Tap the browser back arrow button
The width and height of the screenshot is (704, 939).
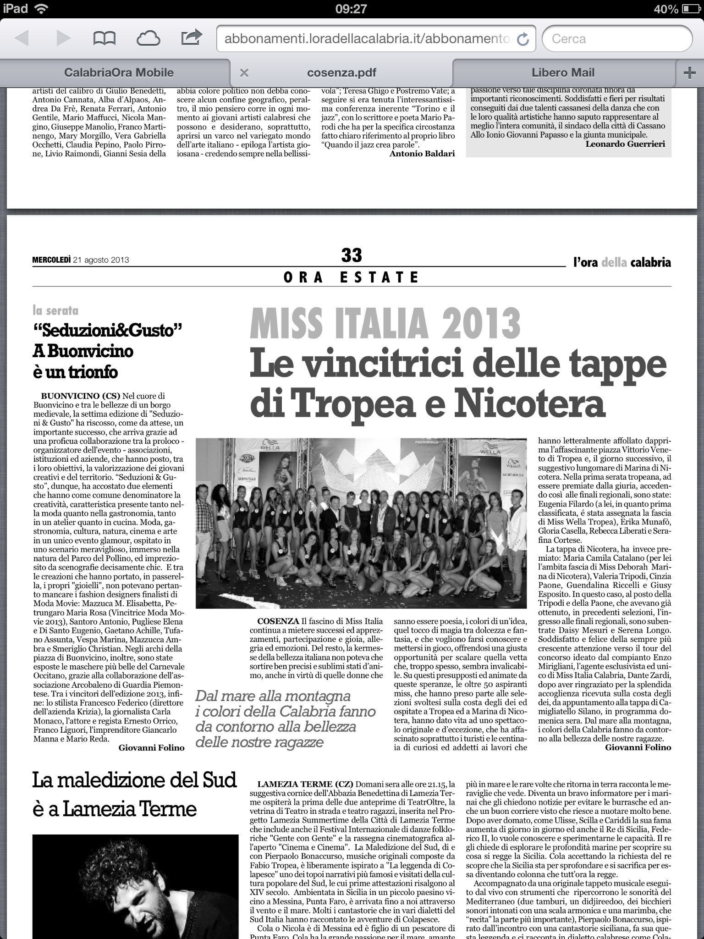(22, 38)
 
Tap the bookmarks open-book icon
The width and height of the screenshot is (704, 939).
(104, 38)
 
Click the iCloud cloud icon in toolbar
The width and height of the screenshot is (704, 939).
(148, 38)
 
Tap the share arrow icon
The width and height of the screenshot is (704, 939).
(192, 37)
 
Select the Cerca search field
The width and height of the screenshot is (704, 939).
(616, 39)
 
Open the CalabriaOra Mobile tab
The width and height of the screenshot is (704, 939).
(119, 72)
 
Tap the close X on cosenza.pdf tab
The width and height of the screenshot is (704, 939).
(244, 72)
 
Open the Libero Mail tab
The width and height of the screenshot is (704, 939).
(563, 72)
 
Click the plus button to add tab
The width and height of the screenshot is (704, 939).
(689, 72)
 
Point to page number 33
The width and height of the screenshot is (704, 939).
(352, 255)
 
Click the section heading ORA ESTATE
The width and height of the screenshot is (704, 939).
(352, 277)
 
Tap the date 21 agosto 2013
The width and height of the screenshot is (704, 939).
(101, 260)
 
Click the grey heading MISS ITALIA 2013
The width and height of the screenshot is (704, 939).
(385, 324)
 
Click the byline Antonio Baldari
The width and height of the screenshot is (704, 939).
(422, 154)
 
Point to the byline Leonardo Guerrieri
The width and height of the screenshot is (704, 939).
(625, 144)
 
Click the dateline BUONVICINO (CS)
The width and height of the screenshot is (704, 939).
(80, 396)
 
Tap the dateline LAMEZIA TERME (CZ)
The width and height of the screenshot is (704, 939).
(305, 784)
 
